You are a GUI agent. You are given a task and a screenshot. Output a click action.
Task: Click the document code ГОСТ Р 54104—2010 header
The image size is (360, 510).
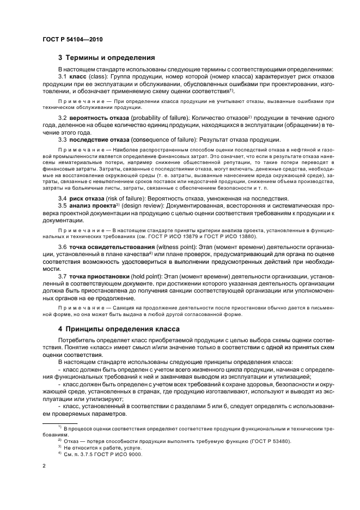tap(71, 39)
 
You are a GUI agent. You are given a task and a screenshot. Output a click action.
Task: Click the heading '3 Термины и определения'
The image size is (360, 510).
tap(107, 57)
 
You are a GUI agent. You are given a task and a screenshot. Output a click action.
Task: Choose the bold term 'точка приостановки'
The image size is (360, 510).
tap(100, 277)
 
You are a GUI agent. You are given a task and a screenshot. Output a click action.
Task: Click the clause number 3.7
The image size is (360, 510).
tap(63, 277)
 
